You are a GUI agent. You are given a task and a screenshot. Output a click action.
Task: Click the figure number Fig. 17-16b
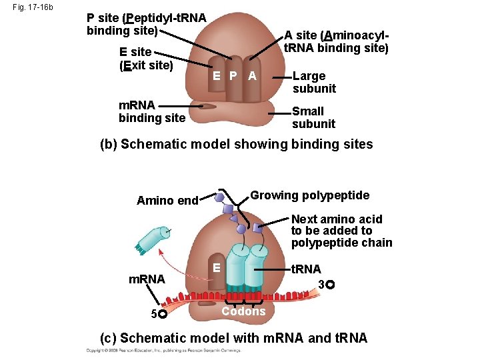(x=33, y=8)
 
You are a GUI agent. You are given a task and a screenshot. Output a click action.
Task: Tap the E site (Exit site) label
(x=145, y=59)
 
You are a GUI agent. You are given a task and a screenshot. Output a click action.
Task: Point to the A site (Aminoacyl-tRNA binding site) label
(x=336, y=41)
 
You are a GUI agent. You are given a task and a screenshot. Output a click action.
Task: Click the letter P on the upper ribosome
(x=233, y=76)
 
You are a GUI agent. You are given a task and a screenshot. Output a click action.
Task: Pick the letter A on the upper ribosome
(x=251, y=76)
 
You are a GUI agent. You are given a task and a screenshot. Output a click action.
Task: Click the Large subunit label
(x=313, y=82)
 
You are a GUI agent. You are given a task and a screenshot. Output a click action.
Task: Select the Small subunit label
(x=313, y=117)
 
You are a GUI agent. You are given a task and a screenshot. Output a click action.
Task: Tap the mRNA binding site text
(x=151, y=111)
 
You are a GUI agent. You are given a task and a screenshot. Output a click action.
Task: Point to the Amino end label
(x=167, y=201)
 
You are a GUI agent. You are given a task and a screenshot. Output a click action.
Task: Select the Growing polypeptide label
(x=309, y=195)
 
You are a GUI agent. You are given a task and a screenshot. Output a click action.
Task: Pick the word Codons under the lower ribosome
(x=243, y=311)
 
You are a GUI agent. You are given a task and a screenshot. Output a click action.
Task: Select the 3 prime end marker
(x=326, y=285)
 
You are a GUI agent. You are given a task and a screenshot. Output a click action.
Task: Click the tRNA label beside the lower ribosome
(x=307, y=269)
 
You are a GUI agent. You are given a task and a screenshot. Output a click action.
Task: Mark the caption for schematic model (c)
(x=233, y=337)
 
